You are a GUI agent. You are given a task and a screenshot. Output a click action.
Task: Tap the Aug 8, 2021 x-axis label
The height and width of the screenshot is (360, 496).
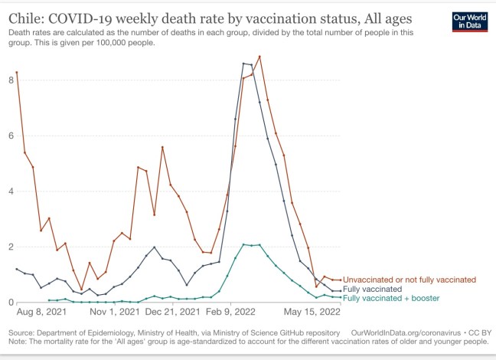38,313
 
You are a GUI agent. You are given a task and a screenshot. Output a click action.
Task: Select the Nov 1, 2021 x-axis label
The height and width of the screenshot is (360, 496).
115,313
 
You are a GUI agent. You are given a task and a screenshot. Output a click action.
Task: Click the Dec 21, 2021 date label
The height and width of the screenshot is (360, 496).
172,313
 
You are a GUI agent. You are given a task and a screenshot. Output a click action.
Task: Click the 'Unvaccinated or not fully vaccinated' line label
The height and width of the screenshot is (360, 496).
410,280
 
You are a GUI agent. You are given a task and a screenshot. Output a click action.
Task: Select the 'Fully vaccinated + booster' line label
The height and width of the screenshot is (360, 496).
391,298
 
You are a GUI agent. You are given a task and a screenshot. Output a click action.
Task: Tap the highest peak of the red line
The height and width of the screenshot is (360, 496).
259,56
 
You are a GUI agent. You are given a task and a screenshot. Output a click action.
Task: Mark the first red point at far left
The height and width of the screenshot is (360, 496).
17,72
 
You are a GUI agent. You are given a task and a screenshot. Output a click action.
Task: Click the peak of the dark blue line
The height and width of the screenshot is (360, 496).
243,63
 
